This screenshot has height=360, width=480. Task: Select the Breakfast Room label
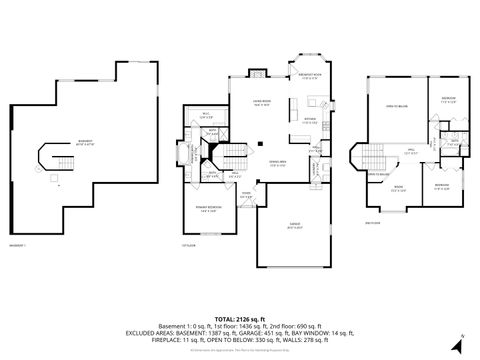tap(310, 76)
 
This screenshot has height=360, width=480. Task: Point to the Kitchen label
tap(310, 121)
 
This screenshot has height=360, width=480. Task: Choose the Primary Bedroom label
tap(210, 209)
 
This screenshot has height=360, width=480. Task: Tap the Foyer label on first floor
tap(246, 195)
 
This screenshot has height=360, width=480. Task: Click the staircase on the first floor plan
tap(231, 155)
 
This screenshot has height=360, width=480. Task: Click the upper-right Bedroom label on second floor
tap(448, 98)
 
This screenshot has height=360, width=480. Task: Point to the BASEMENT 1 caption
tap(17, 243)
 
